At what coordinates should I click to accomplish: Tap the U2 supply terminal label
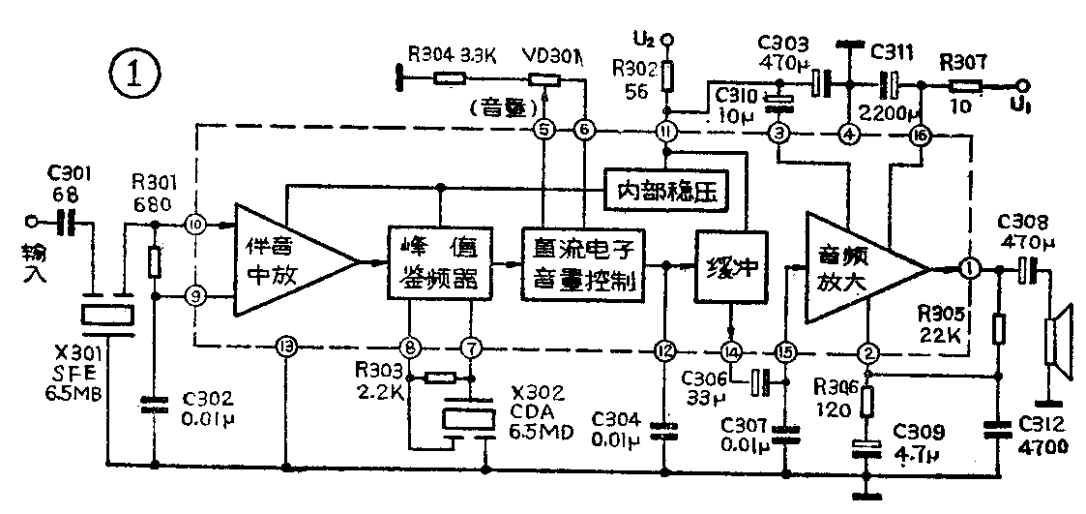646,40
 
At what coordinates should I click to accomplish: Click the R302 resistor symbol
667,74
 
